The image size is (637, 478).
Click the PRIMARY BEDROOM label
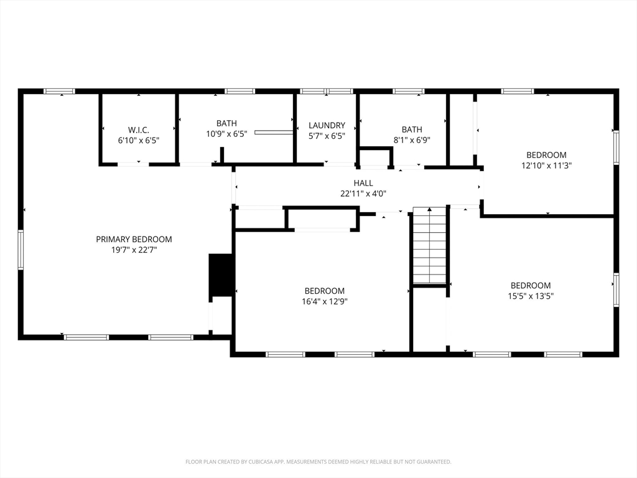(x=134, y=240)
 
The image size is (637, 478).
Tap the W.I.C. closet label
(x=139, y=130)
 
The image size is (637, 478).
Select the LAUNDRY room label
(x=327, y=125)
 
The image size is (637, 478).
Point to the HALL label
(x=363, y=183)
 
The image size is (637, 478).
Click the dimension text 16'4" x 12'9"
(x=325, y=301)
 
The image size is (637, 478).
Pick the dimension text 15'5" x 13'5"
(x=531, y=296)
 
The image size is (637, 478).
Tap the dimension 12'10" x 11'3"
(x=546, y=166)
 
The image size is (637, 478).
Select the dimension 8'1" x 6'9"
(x=412, y=140)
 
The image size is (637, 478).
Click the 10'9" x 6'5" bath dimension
(x=226, y=134)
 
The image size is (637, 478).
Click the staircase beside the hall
(x=429, y=245)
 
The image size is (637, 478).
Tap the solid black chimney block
(x=221, y=274)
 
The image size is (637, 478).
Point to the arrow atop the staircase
(x=429, y=210)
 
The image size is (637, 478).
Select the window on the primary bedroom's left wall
(x=21, y=250)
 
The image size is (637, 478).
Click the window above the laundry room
(x=327, y=91)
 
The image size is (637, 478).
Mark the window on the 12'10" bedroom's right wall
(x=616, y=147)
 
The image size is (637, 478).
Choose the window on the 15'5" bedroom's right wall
(x=616, y=290)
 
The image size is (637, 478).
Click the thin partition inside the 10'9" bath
(x=274, y=132)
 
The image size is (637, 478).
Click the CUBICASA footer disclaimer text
(x=318, y=462)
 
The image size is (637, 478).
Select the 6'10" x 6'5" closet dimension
(x=139, y=141)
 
